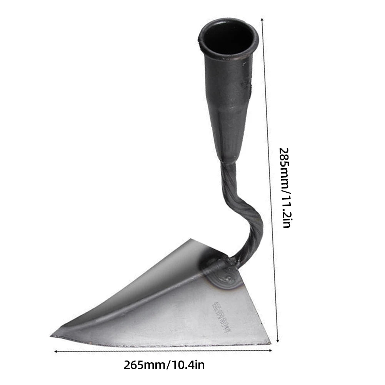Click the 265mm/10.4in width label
[x=164, y=364]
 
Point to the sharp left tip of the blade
[x=52, y=336]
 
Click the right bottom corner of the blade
[x=270, y=343]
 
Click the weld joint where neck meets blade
[x=222, y=271]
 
